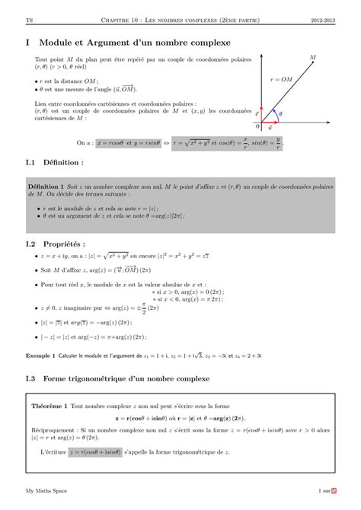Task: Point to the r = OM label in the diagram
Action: (x=281, y=78)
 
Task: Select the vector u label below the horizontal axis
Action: (x=271, y=129)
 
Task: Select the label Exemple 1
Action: (x=41, y=355)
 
